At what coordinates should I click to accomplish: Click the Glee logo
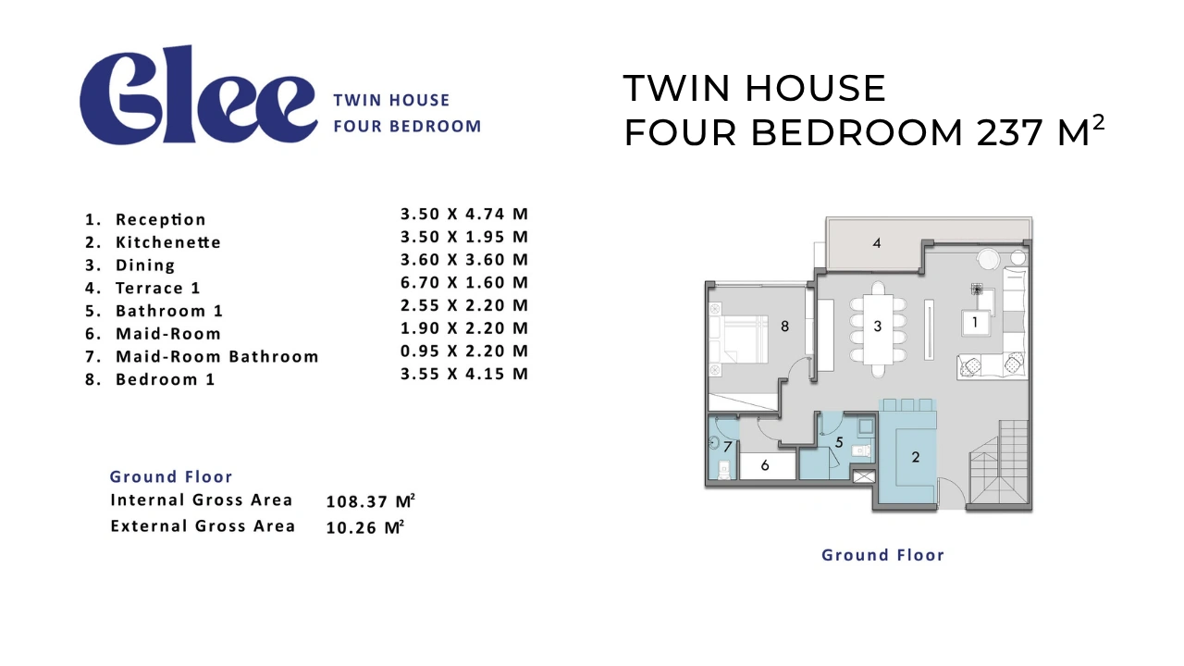tap(198, 95)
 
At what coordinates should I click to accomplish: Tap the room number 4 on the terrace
tap(876, 243)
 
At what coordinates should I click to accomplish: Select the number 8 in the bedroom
tap(785, 327)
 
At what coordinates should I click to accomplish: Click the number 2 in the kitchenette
tap(916, 457)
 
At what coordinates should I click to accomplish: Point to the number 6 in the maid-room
tap(765, 465)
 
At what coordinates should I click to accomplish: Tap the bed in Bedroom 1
tap(738, 339)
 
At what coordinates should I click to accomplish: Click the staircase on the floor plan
tap(999, 462)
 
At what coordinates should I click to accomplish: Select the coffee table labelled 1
tap(975, 322)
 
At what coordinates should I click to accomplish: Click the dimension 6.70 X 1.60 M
tap(464, 282)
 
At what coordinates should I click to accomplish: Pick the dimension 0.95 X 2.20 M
tap(464, 351)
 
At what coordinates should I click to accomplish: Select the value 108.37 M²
tap(371, 501)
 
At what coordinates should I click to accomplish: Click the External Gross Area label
tap(203, 526)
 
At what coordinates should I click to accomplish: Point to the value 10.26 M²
tap(365, 527)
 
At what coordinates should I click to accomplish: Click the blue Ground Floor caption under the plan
tap(882, 555)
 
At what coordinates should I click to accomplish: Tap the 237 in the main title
tap(1009, 132)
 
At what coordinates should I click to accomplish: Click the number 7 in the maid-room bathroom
tap(728, 447)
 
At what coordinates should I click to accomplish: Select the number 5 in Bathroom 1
tap(839, 442)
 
